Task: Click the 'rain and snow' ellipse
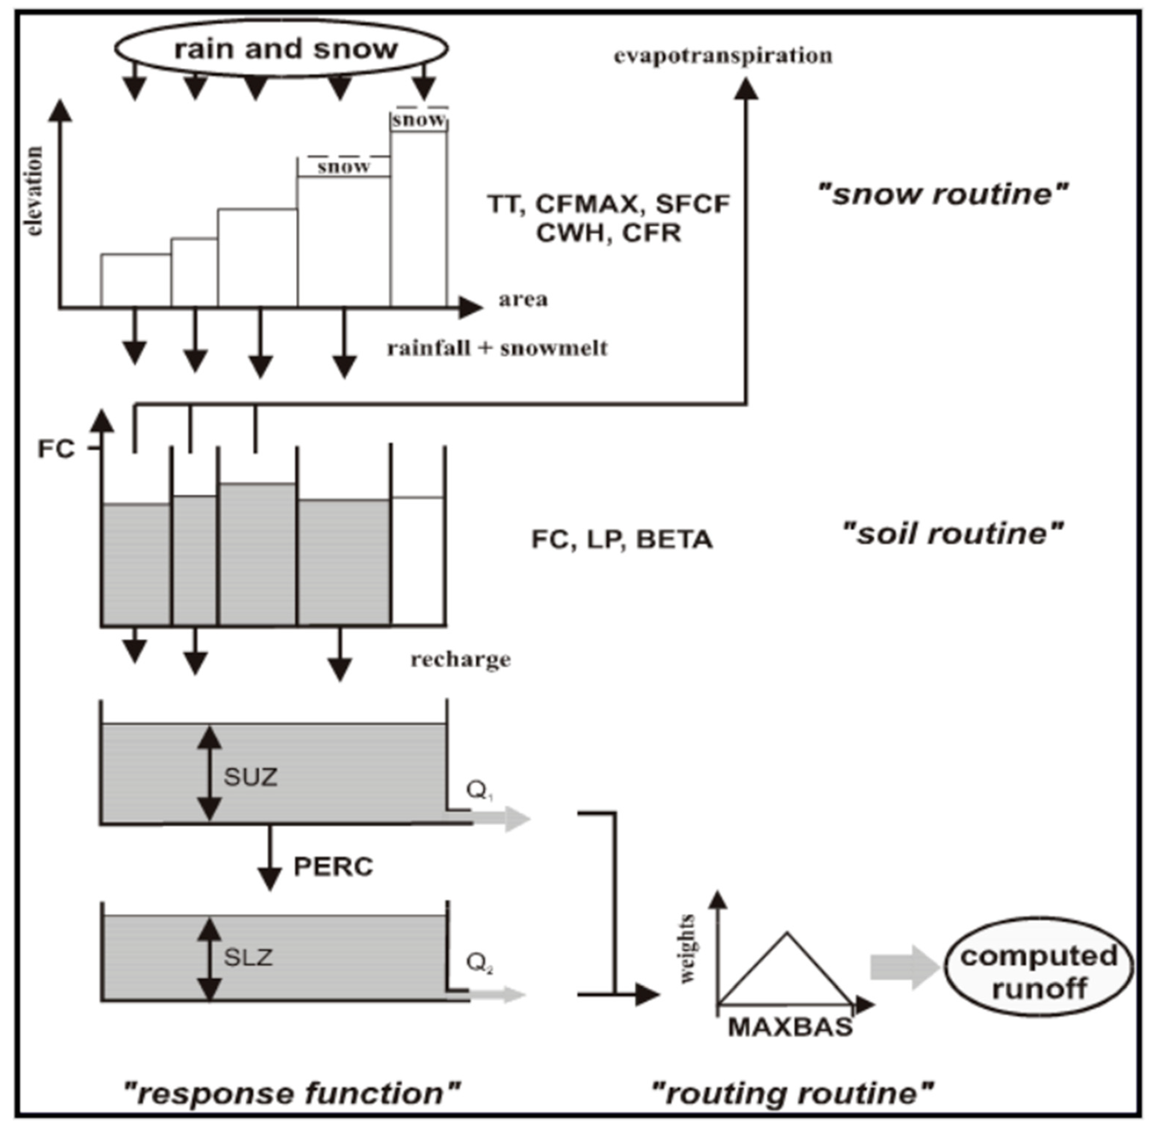(x=281, y=49)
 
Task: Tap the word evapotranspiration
(x=723, y=56)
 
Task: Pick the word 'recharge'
(x=460, y=659)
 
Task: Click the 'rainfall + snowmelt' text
(x=497, y=348)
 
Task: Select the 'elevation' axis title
(x=34, y=191)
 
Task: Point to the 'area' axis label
(x=523, y=300)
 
